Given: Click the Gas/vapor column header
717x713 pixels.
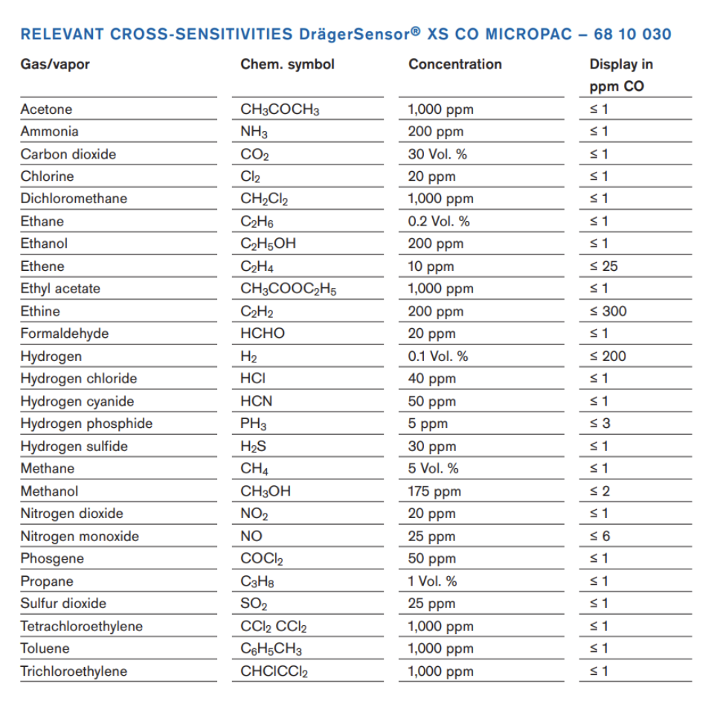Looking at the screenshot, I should point(55,64).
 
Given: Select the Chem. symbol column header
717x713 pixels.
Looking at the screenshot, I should point(287,64).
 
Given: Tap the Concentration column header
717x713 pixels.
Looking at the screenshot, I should point(454,64).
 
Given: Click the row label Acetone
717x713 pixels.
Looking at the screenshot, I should point(46,109).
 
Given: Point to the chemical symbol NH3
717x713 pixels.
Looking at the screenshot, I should point(254,132).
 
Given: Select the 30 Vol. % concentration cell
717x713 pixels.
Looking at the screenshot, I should point(437,154).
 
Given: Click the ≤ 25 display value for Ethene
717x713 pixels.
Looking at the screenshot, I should point(603,266).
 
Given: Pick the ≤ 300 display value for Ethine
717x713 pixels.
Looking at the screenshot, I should point(607,311).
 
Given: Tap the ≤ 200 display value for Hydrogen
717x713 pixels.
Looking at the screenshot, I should point(607,356).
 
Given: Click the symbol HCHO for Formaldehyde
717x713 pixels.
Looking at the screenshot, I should point(262,333).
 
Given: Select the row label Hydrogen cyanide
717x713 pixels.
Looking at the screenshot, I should point(77,401).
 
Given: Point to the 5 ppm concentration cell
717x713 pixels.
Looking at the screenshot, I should point(428,423).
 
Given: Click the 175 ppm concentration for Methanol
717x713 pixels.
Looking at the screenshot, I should point(434,491).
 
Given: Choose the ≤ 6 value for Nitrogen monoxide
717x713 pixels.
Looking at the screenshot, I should point(599,536).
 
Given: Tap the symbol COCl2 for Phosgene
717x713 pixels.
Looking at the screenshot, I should point(262,559).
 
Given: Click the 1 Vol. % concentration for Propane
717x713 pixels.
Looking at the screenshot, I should point(432,581).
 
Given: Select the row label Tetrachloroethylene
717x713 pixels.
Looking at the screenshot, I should point(81,626).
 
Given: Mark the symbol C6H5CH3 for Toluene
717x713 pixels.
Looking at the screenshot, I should point(271,649).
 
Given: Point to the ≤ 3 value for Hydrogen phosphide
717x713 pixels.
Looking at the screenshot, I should point(599,423).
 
